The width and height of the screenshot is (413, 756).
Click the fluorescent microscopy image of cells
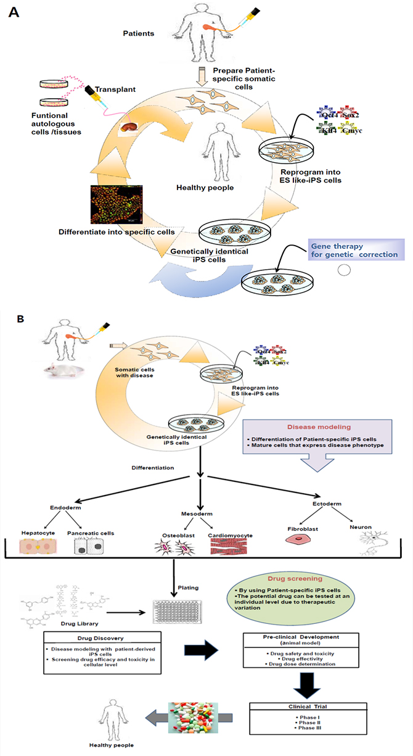[117, 204]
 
